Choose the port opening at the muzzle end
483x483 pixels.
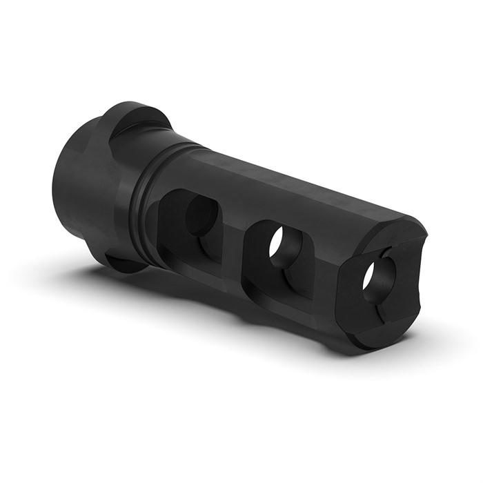373,283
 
